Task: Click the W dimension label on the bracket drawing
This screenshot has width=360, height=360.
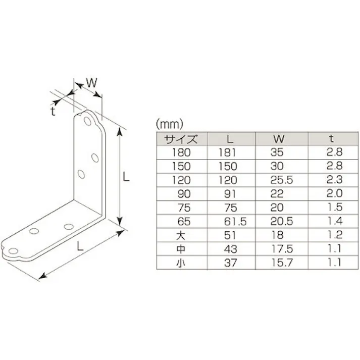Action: pyautogui.click(x=91, y=82)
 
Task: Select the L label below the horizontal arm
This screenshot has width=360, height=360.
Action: pyautogui.click(x=80, y=246)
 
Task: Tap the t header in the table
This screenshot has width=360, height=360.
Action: pyautogui.click(x=332, y=138)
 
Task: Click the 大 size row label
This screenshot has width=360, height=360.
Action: pyautogui.click(x=181, y=234)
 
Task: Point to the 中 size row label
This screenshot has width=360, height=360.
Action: pyautogui.click(x=181, y=248)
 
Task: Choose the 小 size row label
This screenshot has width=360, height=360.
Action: pyautogui.click(x=181, y=262)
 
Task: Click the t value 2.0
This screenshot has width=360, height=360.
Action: pyautogui.click(x=335, y=193)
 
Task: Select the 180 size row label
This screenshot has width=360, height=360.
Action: pyautogui.click(x=180, y=151)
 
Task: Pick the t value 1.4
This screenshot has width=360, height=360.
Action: pyautogui.click(x=335, y=221)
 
